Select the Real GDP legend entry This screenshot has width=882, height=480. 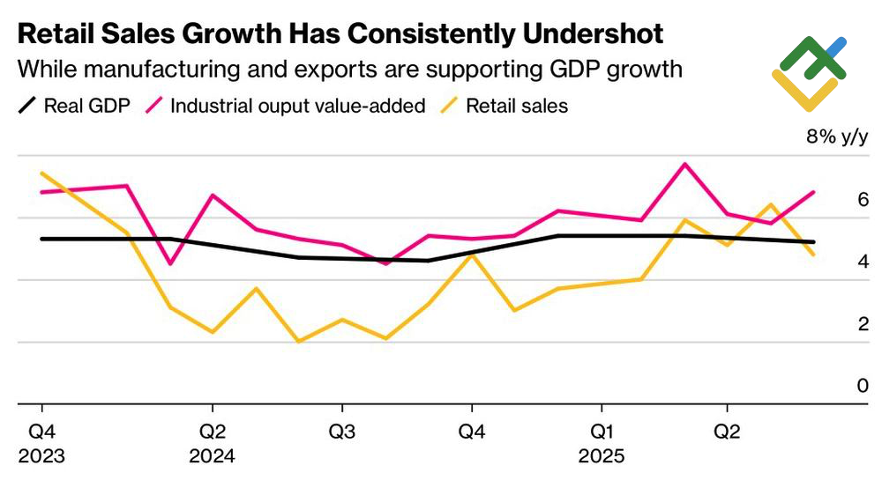pyautogui.click(x=75, y=106)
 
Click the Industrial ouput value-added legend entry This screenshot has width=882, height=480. pyautogui.click(x=287, y=106)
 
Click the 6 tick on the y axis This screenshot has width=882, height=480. pyautogui.click(x=863, y=200)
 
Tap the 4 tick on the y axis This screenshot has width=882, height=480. pyautogui.click(x=863, y=262)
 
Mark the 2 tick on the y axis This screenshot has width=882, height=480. pyautogui.click(x=863, y=324)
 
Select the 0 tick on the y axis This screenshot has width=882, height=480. pyautogui.click(x=863, y=386)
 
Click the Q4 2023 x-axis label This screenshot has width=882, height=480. pyautogui.click(x=41, y=445)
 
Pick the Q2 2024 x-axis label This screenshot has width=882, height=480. pyautogui.click(x=212, y=445)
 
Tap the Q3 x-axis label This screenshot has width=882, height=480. pyautogui.click(x=342, y=433)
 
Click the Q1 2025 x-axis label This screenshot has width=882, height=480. pyautogui.click(x=602, y=445)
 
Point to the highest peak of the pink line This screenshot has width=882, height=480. pyautogui.click(x=684, y=164)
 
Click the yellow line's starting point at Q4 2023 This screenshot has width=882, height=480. pyautogui.click(x=41, y=174)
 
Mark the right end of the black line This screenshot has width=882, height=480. pyautogui.click(x=813, y=242)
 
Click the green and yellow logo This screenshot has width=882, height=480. pyautogui.click(x=810, y=72)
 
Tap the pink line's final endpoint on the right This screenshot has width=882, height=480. pyautogui.click(x=813, y=192)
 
